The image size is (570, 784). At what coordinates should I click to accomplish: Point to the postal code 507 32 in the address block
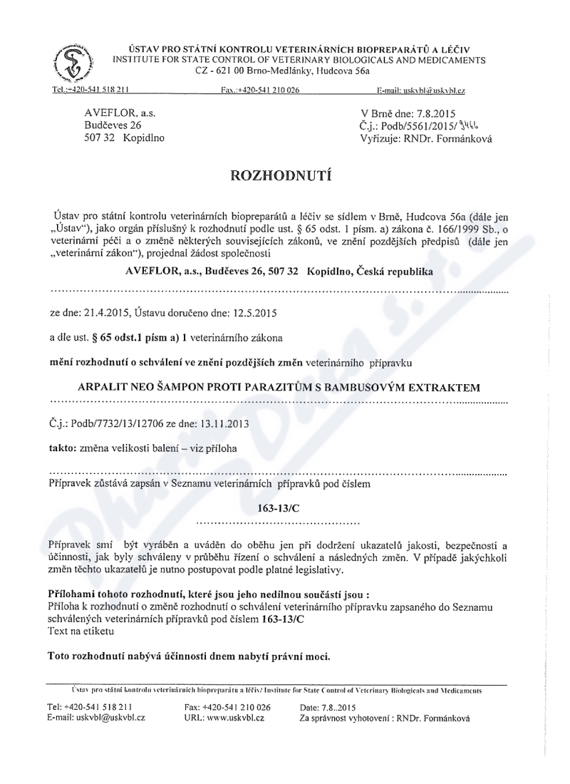pos(100,138)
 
